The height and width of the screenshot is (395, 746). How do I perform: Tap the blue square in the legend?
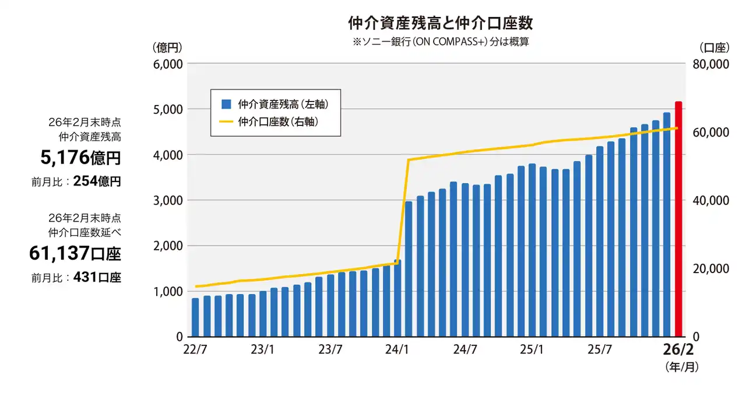(x=227, y=104)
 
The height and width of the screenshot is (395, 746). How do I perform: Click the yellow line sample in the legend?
(x=227, y=122)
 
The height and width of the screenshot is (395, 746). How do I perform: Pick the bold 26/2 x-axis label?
(x=678, y=350)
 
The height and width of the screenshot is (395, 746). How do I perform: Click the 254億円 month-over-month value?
(x=97, y=181)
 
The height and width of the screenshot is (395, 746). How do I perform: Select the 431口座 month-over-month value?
(x=97, y=278)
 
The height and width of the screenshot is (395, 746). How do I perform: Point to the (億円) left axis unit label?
(x=167, y=47)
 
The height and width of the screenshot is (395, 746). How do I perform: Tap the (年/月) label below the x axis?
(x=681, y=368)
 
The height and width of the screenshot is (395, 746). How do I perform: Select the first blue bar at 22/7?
(x=195, y=317)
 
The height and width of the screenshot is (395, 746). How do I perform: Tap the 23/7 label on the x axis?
(x=330, y=350)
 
